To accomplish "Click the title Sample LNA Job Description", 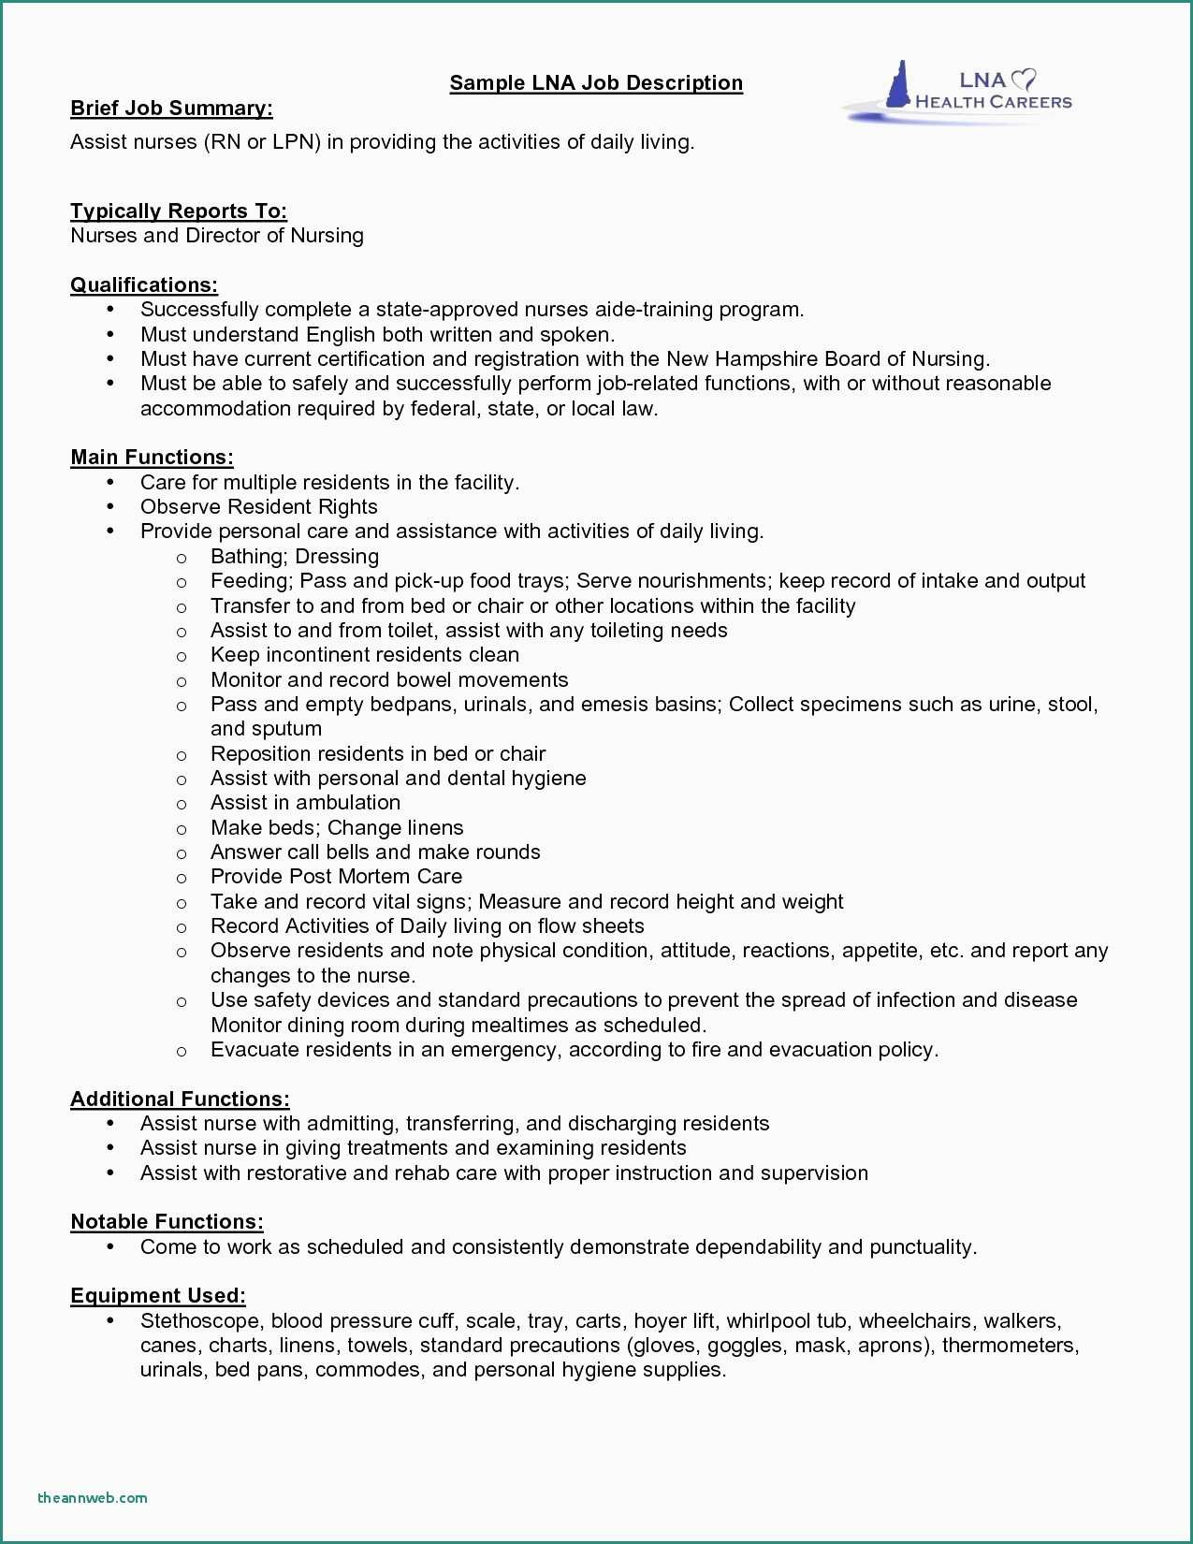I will coord(596,83).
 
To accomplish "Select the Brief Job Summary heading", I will coord(171,109).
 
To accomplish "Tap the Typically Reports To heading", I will coord(179,211).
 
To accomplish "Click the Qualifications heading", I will coord(144,284).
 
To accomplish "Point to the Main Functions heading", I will coord(152,457).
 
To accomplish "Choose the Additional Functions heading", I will coord(180,1099).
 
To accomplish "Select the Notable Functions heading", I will coord(167,1221).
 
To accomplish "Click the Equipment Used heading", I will coord(158,1295).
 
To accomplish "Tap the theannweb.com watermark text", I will coord(93,1497).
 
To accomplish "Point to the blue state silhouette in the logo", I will coord(899,86).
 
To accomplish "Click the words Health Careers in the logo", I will coord(993,102).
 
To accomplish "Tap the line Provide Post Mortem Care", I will coord(336,876).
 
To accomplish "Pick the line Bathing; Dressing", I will coord(295,556).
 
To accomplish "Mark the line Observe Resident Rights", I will coord(259,506).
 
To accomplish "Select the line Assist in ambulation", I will coord(305,802).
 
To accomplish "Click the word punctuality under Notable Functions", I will coord(922,1246).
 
